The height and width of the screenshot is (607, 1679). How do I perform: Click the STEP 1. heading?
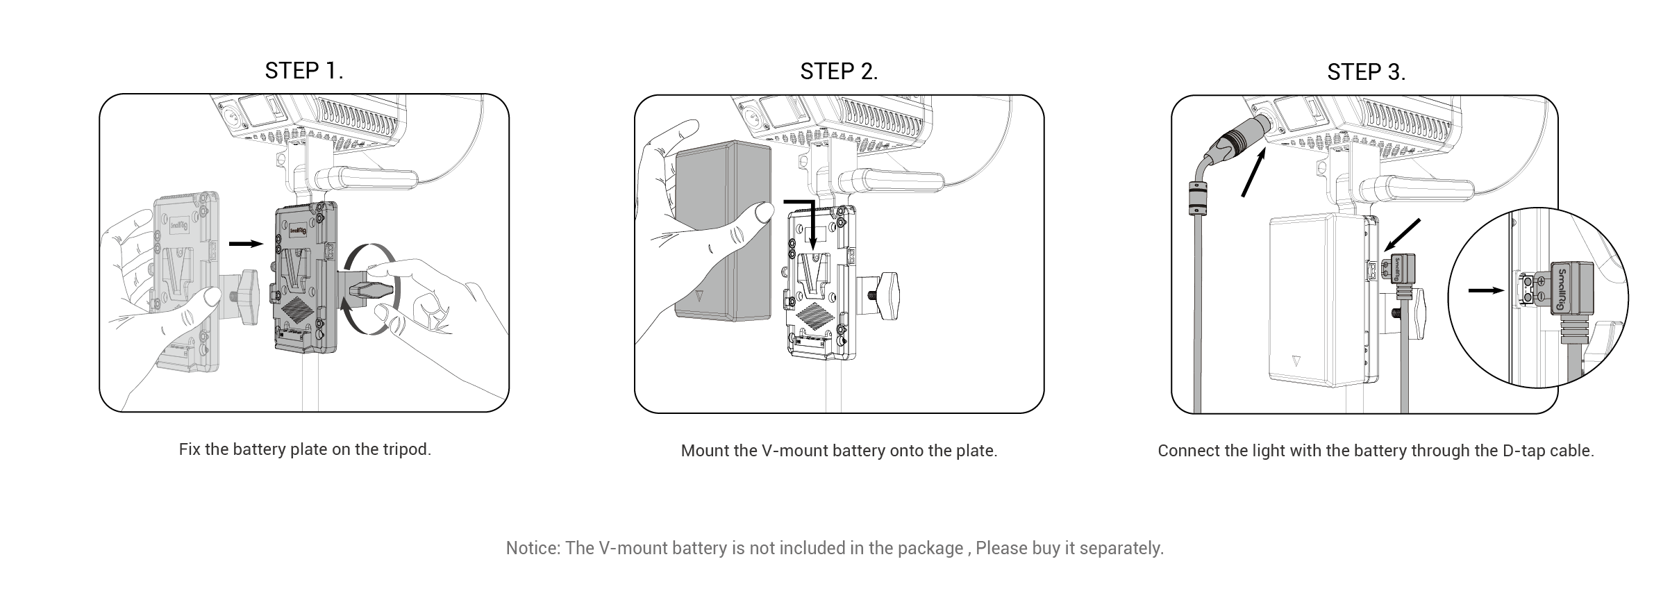304,70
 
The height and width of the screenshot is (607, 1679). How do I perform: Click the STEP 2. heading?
839,71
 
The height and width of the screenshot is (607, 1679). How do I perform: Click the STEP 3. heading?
1366,72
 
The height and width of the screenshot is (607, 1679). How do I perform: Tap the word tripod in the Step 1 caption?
406,449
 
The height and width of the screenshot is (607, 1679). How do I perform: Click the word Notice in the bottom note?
533,548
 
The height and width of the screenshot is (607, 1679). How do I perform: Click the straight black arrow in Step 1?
246,244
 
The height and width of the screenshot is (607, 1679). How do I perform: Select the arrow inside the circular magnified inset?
1485,290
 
